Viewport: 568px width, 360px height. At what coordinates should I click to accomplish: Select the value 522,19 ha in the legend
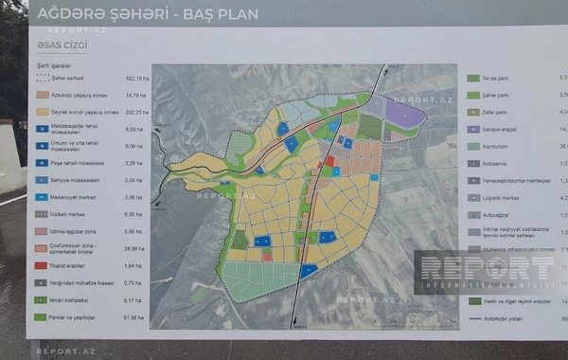[x=137, y=79]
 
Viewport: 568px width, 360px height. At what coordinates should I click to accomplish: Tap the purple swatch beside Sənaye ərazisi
[x=473, y=129]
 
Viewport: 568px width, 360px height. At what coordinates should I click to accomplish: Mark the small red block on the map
[x=329, y=162]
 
